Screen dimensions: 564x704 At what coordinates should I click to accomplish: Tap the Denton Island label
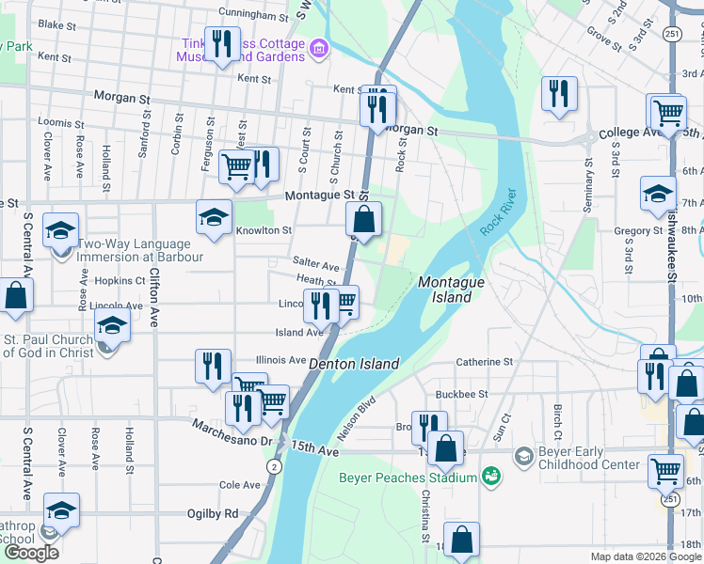pyautogui.click(x=355, y=364)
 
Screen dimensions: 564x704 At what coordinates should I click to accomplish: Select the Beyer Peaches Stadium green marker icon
pyautogui.click(x=490, y=477)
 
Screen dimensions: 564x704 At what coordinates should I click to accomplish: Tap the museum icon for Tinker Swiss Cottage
pyautogui.click(x=318, y=47)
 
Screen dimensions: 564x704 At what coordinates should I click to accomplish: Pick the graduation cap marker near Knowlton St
pyautogui.click(x=214, y=218)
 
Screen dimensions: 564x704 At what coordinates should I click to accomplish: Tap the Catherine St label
pyautogui.click(x=484, y=361)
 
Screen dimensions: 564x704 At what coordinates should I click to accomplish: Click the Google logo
pyautogui.click(x=31, y=553)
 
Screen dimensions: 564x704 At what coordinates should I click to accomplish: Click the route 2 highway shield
pyautogui.click(x=273, y=465)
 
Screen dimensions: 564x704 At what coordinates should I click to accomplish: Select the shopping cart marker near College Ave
pyautogui.click(x=667, y=114)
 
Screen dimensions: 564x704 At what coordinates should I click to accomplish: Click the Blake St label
pyautogui.click(x=56, y=24)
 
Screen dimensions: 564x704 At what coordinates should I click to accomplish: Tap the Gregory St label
pyautogui.click(x=638, y=231)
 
